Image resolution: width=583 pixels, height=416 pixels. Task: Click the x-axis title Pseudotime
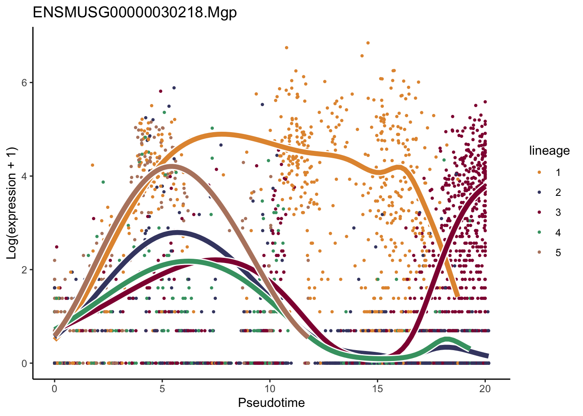(271, 403)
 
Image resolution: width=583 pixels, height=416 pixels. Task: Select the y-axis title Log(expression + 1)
(11, 203)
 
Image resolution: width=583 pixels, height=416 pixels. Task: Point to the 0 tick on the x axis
(55, 389)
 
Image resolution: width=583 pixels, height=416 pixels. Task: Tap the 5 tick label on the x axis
(162, 389)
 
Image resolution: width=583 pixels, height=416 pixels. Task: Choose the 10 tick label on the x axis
(270, 389)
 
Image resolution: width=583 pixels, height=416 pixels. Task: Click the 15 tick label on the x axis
(377, 389)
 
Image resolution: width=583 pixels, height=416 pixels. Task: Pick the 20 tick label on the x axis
(485, 389)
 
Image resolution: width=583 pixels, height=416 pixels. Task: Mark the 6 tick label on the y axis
(25, 83)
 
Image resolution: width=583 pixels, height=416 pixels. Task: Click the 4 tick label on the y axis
(25, 176)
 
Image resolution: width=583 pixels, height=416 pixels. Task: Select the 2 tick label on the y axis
(25, 270)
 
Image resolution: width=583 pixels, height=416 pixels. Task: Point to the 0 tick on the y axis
(25, 364)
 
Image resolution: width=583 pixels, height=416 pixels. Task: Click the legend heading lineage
(549, 151)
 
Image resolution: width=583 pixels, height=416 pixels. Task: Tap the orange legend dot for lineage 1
(539, 172)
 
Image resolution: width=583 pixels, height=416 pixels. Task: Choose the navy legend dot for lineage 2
(539, 192)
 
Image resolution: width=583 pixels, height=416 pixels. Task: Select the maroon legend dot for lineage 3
(539, 212)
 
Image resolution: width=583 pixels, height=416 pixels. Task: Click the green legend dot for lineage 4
(539, 233)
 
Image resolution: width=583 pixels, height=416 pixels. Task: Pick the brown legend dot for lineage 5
(539, 253)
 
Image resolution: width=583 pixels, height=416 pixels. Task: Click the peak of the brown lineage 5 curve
(171, 166)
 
